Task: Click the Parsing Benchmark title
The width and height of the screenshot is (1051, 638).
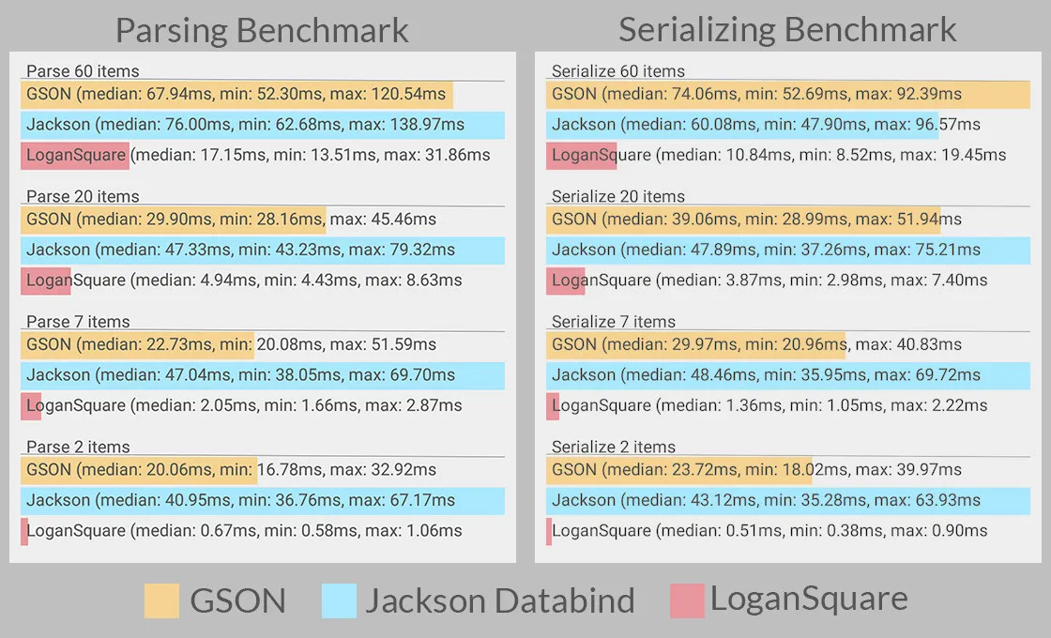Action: pyautogui.click(x=262, y=30)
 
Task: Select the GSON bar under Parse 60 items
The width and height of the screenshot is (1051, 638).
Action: pyautogui.click(x=236, y=95)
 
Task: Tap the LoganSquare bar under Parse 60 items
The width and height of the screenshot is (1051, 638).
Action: pyautogui.click(x=75, y=156)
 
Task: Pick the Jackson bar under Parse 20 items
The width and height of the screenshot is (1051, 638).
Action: pyautogui.click(x=263, y=251)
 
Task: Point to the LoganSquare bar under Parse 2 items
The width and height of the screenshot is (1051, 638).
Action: pyautogui.click(x=24, y=531)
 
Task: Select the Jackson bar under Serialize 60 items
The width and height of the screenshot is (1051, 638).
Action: pyautogui.click(x=742, y=125)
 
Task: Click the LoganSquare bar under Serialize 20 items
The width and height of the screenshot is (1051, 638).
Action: pyautogui.click(x=566, y=281)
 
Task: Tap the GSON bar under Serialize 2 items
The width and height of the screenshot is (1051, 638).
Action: pyautogui.click(x=678, y=470)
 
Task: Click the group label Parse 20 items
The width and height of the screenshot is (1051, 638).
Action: pyautogui.click(x=83, y=196)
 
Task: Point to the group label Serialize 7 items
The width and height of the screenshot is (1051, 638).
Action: pyautogui.click(x=614, y=322)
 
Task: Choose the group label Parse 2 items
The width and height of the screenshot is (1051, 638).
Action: pyautogui.click(x=78, y=447)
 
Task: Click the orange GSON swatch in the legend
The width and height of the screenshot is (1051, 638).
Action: pyautogui.click(x=161, y=600)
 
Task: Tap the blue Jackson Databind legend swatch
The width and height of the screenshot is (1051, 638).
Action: pyautogui.click(x=339, y=600)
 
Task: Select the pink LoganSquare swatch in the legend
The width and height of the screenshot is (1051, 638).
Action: pyautogui.click(x=687, y=600)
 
